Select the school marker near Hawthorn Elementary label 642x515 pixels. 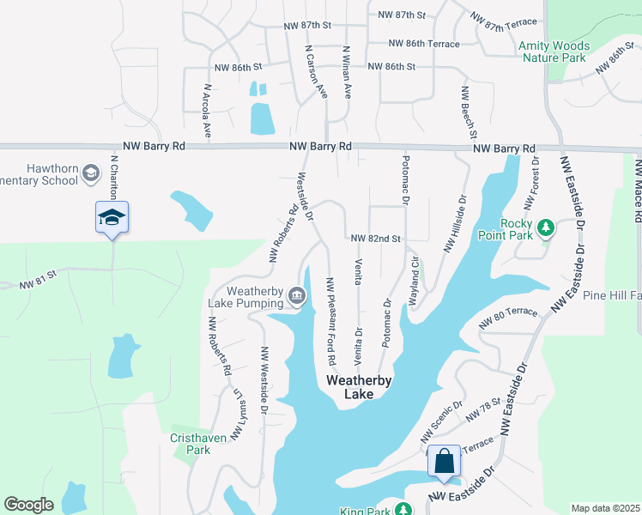[89, 175]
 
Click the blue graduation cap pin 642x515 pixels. [112, 218]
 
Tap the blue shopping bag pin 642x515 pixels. [445, 462]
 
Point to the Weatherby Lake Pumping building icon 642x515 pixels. [296, 296]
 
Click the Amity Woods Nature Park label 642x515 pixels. [554, 51]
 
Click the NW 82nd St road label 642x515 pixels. [376, 238]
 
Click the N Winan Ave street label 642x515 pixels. [347, 73]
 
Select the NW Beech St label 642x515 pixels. [469, 112]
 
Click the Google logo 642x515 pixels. [28, 505]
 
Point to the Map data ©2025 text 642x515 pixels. [604, 508]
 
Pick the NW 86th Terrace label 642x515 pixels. [424, 43]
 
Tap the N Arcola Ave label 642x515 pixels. [207, 111]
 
